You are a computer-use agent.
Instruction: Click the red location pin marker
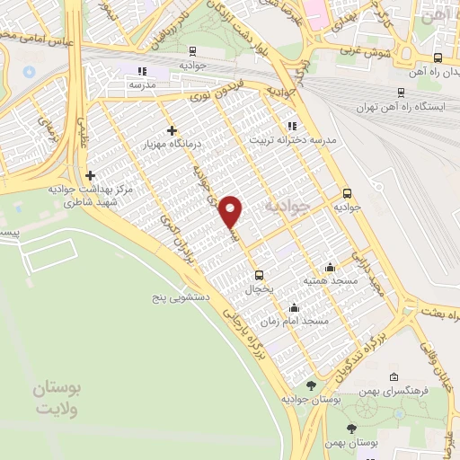(x=232, y=211)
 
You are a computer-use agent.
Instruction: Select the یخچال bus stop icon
(x=260, y=275)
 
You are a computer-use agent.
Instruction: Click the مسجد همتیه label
(x=331, y=281)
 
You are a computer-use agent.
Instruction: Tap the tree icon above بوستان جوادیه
(x=312, y=385)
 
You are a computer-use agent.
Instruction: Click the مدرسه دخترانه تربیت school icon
(x=291, y=126)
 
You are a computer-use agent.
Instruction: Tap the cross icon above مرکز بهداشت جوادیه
(x=90, y=176)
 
